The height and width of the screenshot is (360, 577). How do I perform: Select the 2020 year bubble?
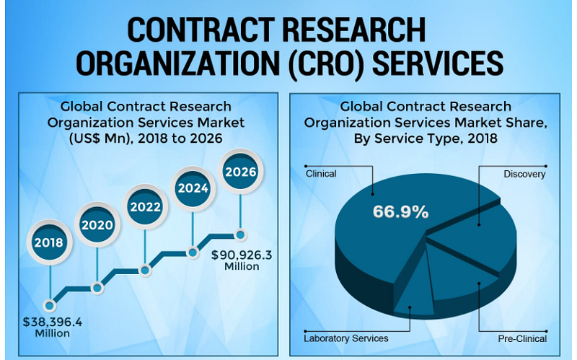[97, 225]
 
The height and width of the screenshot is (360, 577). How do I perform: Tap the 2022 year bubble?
[144, 206]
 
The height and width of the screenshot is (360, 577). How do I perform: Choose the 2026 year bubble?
[240, 172]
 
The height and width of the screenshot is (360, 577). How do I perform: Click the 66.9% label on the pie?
[400, 212]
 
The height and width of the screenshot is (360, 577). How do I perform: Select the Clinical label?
[321, 174]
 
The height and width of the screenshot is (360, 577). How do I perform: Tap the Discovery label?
[525, 174]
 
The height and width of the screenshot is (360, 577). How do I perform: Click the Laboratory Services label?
[347, 338]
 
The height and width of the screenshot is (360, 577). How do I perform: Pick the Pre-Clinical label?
[522, 338]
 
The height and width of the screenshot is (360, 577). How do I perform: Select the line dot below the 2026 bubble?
[240, 234]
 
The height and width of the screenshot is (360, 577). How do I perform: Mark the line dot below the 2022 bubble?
[144, 269]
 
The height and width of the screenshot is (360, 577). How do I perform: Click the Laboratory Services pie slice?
[413, 289]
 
